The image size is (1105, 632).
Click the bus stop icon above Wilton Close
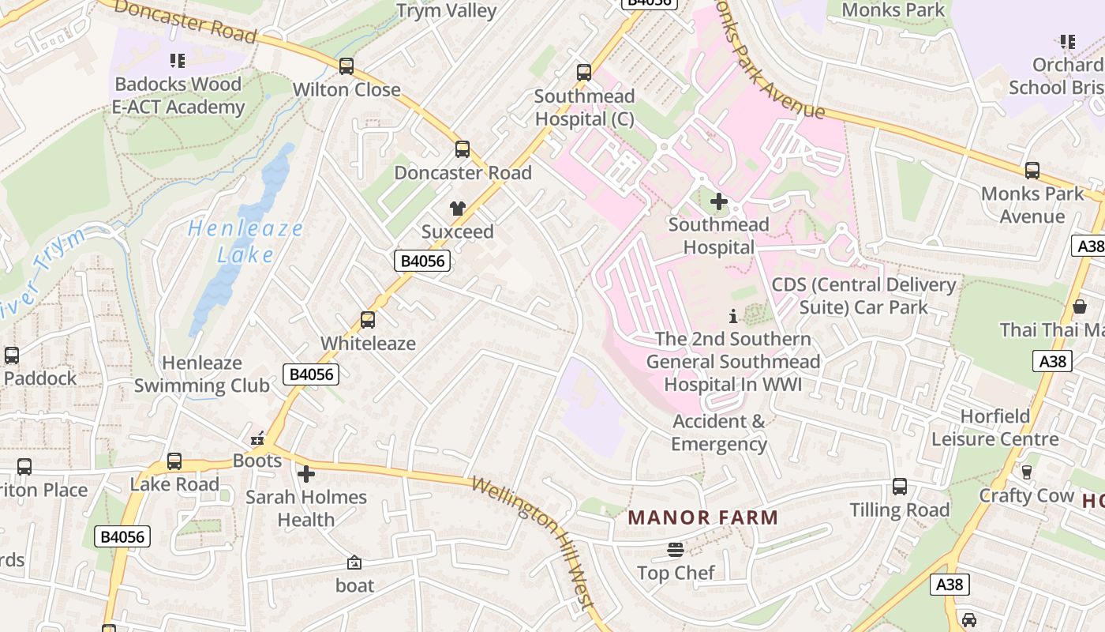[346, 66]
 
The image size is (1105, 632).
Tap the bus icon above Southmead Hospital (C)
[584, 73]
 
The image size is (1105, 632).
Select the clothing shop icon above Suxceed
[458, 209]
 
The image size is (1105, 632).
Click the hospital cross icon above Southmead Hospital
[718, 201]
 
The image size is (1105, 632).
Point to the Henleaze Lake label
[245, 242]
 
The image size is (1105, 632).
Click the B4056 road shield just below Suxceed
[422, 261]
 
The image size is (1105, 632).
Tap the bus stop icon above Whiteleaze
[368, 320]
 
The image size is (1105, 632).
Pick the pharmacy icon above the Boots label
[257, 438]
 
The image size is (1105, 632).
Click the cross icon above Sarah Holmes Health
[306, 474]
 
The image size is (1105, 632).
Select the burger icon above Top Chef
[676, 549]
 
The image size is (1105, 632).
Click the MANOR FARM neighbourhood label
[702, 518]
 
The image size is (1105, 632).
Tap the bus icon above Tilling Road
[900, 487]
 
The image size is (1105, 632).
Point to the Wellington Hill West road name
[533, 542]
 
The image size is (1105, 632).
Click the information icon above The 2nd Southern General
[733, 316]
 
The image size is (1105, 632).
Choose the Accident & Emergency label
[719, 432]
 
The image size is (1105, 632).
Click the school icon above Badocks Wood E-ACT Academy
[178, 60]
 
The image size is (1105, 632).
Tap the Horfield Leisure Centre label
[995, 427]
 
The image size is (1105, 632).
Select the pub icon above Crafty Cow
[1027, 472]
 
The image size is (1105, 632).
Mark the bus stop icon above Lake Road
[174, 461]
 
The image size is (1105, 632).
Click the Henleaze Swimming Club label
[202, 374]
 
